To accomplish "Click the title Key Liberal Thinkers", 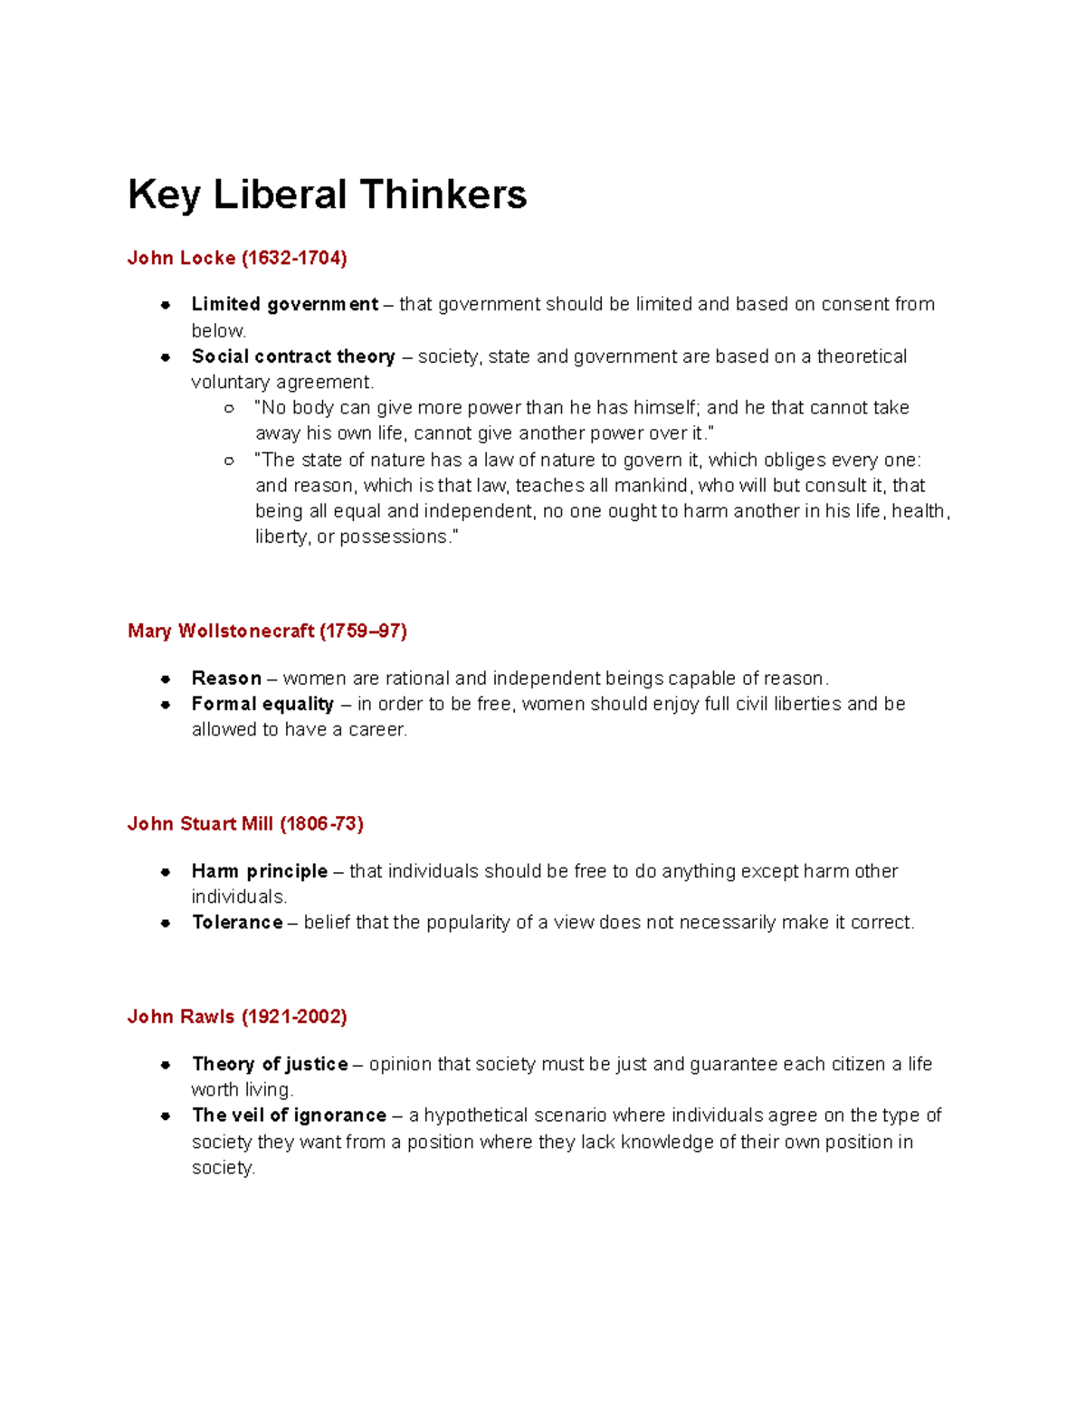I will (x=327, y=195).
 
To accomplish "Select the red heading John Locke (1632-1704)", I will (x=237, y=258).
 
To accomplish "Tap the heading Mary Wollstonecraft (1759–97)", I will (x=267, y=631).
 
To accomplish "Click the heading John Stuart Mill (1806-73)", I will (x=245, y=823).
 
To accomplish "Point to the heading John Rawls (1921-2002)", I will (x=237, y=1016).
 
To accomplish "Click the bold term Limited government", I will (x=284, y=304).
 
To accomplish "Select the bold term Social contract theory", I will (x=293, y=356).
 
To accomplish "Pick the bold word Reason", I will (x=226, y=678).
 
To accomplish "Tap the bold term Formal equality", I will (x=262, y=704).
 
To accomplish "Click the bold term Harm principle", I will (x=260, y=871).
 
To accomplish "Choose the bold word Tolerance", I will (x=237, y=922).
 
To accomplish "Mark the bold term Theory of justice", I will (x=270, y=1064).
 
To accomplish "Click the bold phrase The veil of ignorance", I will (x=289, y=1115).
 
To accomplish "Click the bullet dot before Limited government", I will (x=166, y=305).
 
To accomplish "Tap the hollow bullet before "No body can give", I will (x=229, y=408).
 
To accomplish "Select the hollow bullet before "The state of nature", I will (x=229, y=460).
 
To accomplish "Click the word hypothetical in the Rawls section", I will (x=476, y=1115).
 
